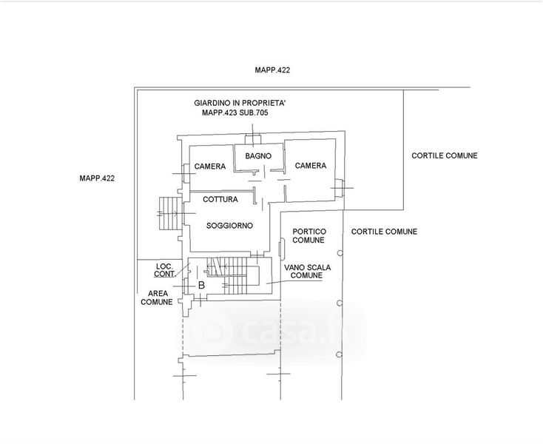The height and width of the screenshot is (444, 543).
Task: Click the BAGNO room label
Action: [x=259, y=156]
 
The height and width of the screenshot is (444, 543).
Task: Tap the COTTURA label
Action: [x=220, y=200]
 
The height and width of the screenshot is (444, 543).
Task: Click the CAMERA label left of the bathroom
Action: [x=210, y=166]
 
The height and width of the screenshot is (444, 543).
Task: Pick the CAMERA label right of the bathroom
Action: [x=310, y=166]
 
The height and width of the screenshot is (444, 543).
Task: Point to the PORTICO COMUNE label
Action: [x=307, y=236]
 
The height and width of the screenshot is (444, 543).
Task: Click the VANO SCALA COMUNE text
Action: [x=307, y=271]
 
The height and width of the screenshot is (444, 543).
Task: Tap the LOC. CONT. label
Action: [x=164, y=270]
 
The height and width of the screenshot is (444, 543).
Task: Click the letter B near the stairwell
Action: [x=200, y=284]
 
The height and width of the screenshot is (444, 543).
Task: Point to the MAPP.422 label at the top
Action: [x=272, y=70]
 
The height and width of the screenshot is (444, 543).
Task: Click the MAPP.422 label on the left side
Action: [x=96, y=178]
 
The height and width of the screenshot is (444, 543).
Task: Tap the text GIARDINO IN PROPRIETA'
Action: [x=235, y=104]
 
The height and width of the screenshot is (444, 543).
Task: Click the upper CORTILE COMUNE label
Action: [x=445, y=155]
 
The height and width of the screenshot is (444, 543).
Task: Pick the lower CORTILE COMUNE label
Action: [x=384, y=232]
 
